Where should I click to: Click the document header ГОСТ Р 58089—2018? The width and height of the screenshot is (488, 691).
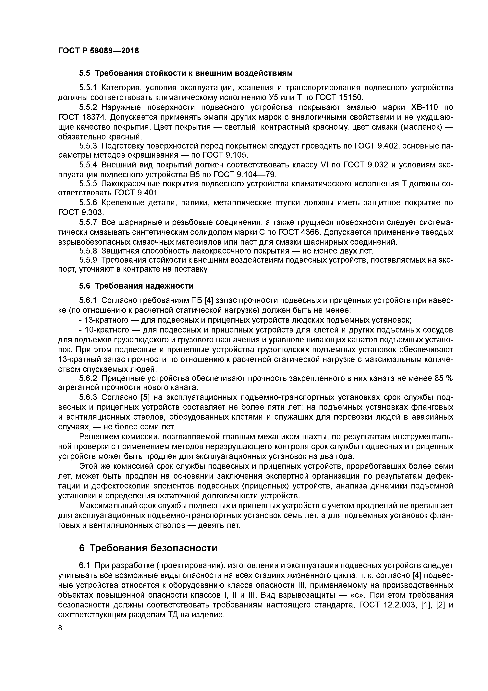98,51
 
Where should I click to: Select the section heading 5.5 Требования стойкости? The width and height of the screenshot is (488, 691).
186,73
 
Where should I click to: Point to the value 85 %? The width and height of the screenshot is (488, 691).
444,379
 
